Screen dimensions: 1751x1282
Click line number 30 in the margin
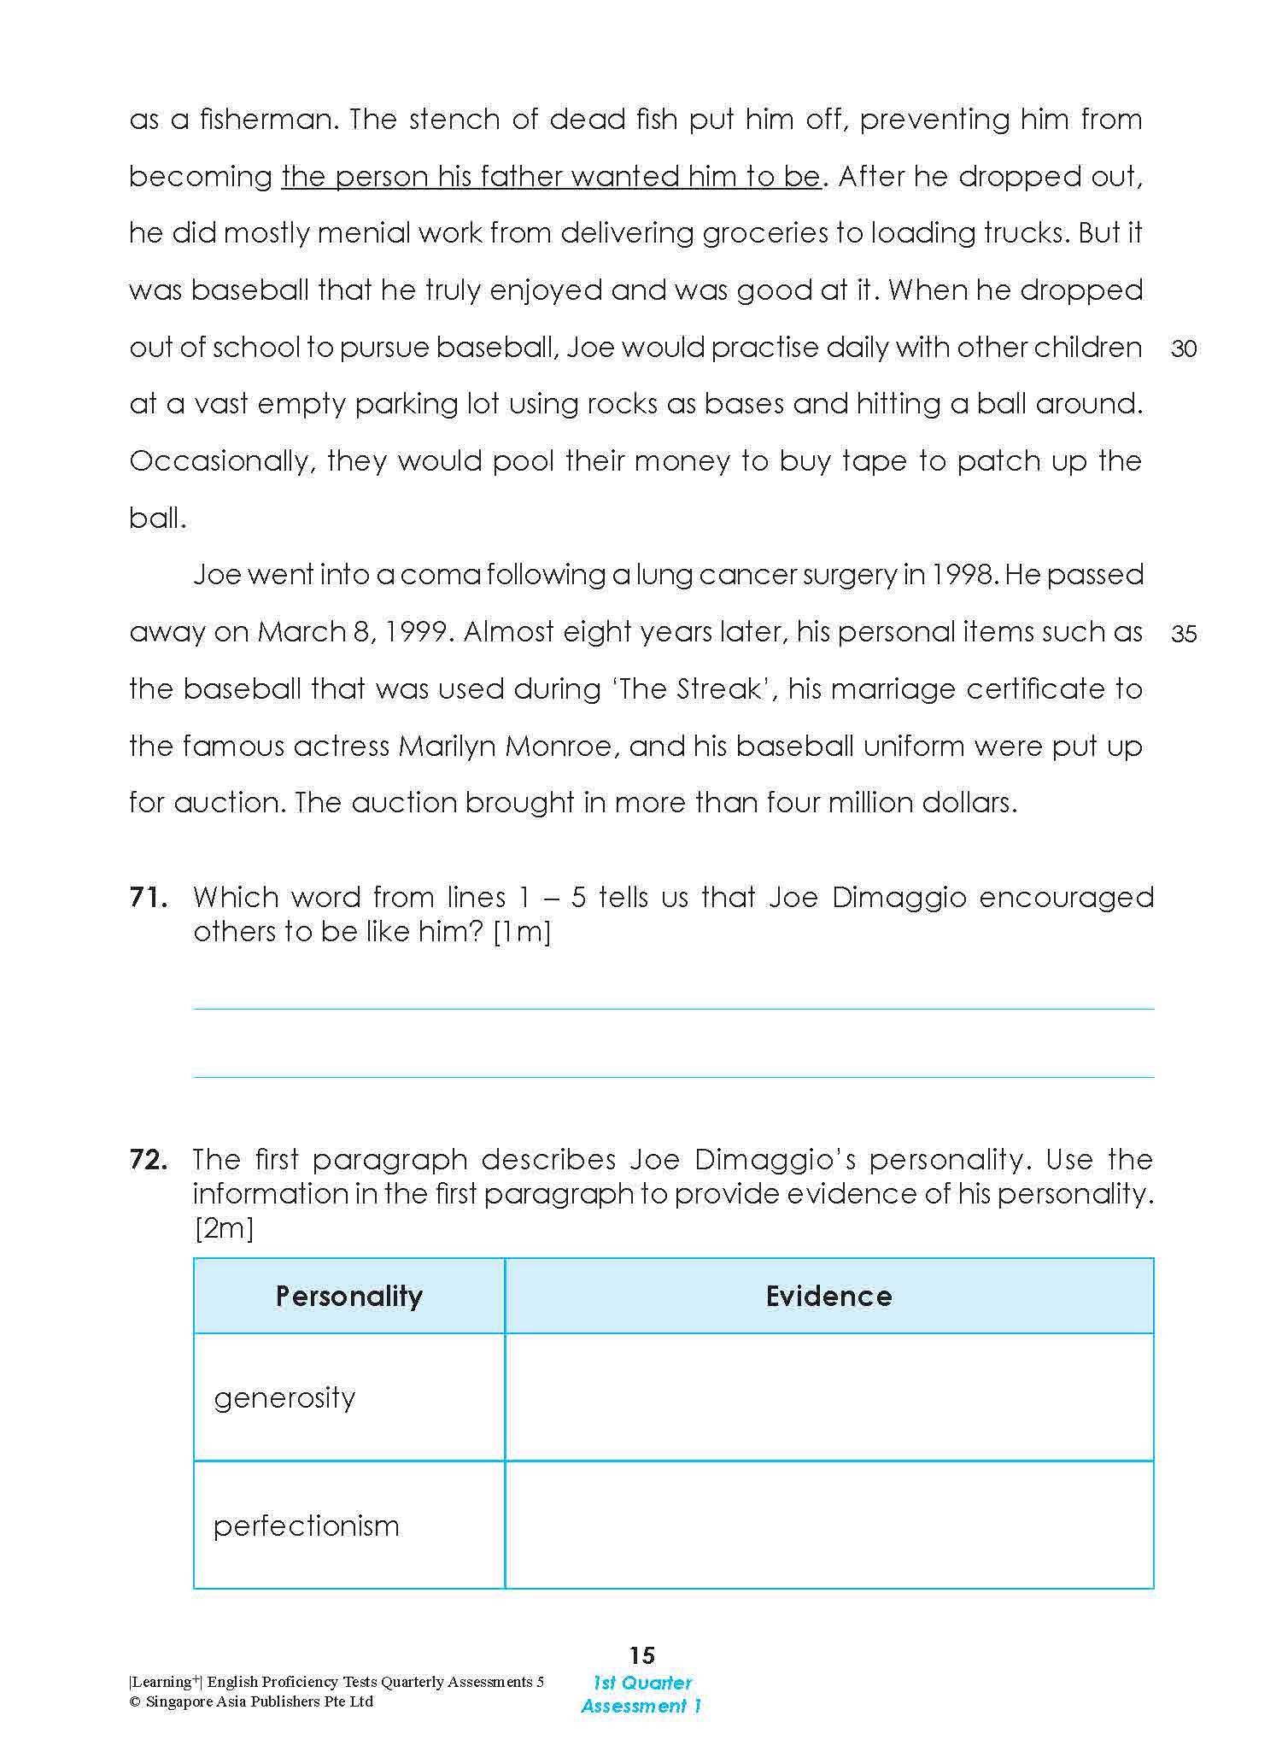tap(1184, 348)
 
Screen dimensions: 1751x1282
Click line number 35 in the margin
tap(1184, 634)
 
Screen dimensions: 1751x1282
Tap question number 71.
tap(149, 898)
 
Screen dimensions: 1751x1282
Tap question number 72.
tap(149, 1160)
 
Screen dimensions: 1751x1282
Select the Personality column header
tap(348, 1296)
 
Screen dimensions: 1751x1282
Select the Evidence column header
tap(828, 1296)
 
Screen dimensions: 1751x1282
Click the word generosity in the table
tap(284, 1398)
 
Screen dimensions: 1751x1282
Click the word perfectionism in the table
tap(307, 1526)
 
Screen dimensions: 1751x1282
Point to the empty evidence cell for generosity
tap(828, 1397)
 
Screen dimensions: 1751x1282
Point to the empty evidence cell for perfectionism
tap(828, 1526)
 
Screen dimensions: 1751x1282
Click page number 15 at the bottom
tap(641, 1655)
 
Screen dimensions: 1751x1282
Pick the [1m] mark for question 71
tap(523, 932)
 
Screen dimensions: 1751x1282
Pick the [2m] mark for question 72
tap(224, 1228)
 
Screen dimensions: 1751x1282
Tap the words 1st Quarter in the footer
tap(642, 1683)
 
